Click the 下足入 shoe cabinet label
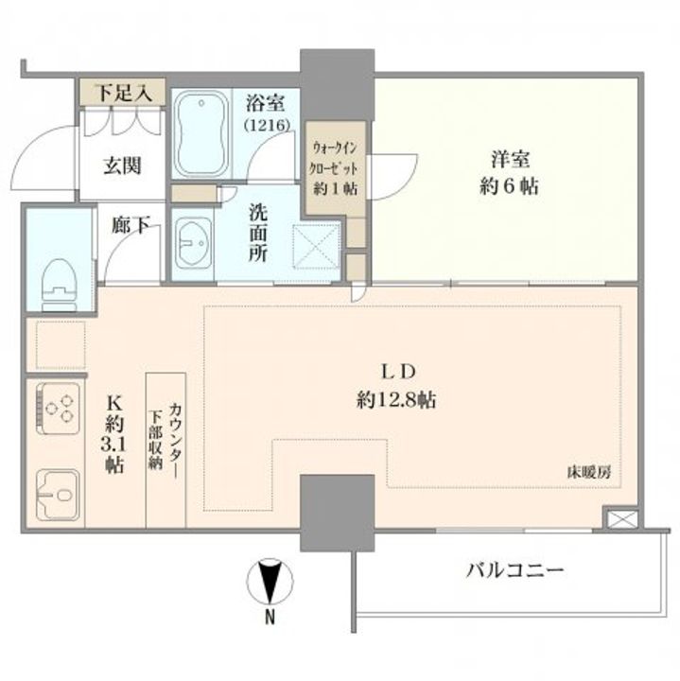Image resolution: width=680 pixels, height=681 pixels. pyautogui.click(x=123, y=93)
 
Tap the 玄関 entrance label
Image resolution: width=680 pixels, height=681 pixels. pyautogui.click(x=122, y=166)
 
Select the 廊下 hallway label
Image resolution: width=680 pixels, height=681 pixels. pyautogui.click(x=129, y=226)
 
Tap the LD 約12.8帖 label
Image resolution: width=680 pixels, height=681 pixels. pyautogui.click(x=394, y=385)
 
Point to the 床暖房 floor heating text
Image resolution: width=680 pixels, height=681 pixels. pyautogui.click(x=594, y=470)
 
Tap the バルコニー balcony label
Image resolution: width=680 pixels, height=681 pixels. pyautogui.click(x=514, y=570)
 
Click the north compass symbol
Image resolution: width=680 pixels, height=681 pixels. pyautogui.click(x=270, y=585)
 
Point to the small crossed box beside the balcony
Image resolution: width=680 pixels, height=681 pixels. pyautogui.click(x=623, y=517)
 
